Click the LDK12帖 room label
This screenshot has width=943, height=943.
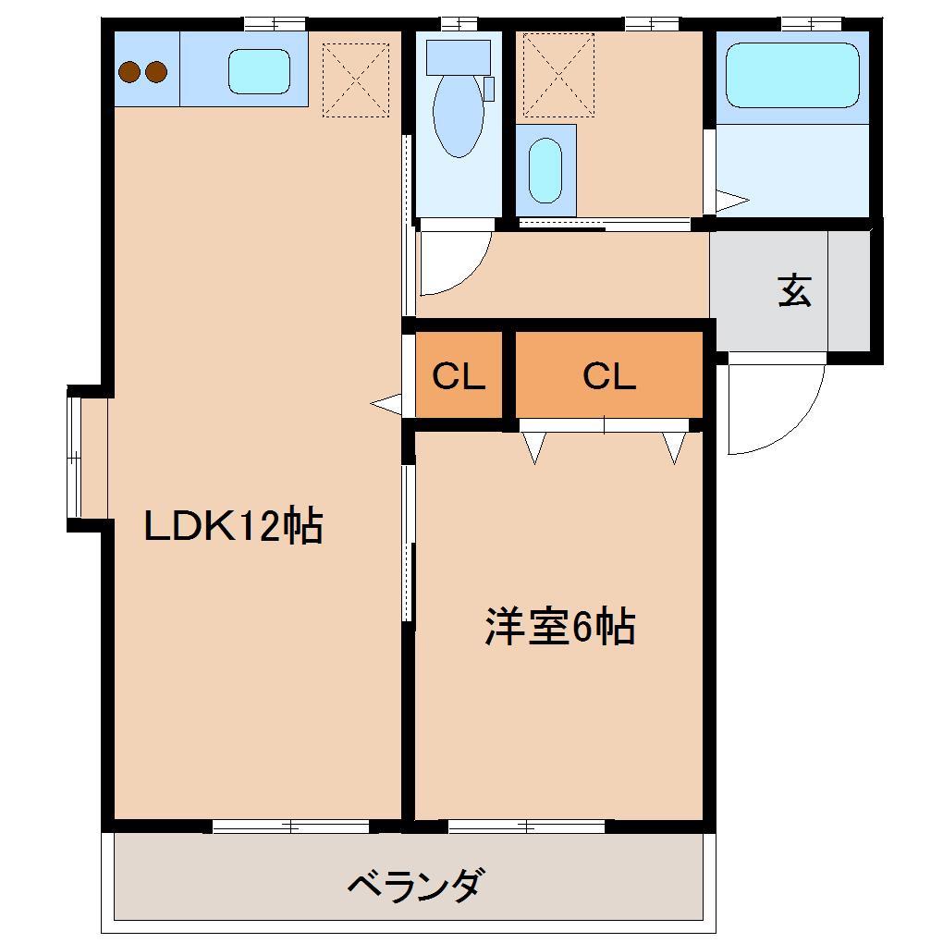tap(233, 526)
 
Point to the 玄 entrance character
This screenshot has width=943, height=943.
tap(794, 290)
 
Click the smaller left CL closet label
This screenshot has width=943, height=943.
tap(459, 376)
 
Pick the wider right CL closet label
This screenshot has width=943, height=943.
tap(609, 376)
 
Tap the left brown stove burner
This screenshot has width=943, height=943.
tap(129, 71)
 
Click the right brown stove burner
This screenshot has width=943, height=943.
tap(156, 71)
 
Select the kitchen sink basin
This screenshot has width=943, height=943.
tap(259, 71)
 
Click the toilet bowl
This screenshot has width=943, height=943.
tap(459, 116)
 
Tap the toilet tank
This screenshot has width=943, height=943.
tap(459, 57)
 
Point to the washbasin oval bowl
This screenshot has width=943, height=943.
tap(545, 171)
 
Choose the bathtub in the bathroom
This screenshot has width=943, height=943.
tap(792, 75)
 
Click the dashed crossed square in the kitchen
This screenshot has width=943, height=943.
tap(355, 80)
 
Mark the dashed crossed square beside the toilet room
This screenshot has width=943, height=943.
tap(558, 75)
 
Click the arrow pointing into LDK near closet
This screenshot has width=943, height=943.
tap(386, 404)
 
